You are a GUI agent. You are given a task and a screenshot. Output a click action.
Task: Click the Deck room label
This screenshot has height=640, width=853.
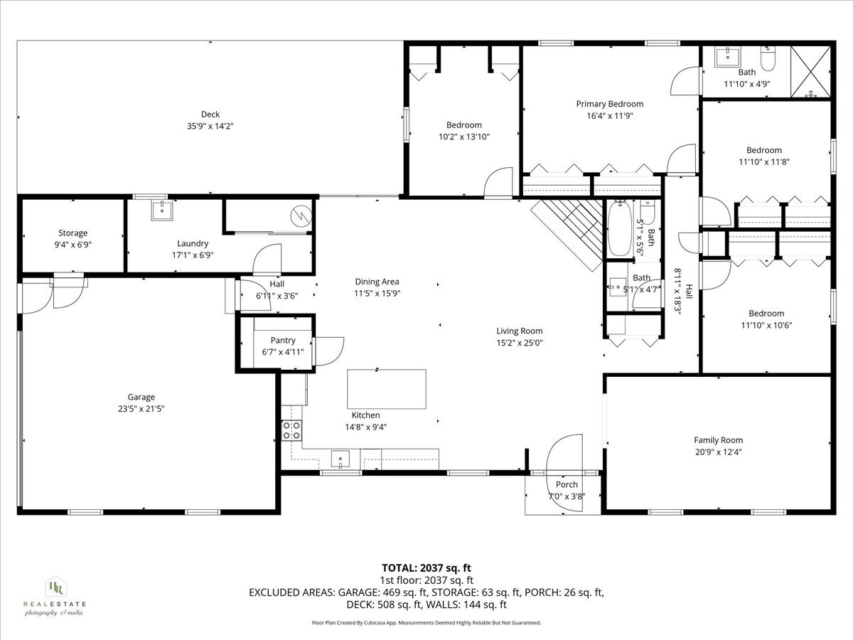[210, 114]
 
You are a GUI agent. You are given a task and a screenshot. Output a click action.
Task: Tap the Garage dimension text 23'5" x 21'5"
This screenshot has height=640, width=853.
[141, 409]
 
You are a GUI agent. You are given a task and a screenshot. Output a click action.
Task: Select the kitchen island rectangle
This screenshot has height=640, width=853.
[386, 389]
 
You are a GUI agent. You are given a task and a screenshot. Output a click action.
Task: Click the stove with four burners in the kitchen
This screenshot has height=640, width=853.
[291, 430]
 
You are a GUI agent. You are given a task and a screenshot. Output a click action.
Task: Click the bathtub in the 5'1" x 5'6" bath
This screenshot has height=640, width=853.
[619, 229]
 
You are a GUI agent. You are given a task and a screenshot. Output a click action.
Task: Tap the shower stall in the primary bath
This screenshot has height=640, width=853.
[812, 71]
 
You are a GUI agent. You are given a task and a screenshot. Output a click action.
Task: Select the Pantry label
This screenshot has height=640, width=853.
[282, 341]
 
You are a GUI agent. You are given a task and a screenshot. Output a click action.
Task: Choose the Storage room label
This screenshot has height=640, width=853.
[73, 233]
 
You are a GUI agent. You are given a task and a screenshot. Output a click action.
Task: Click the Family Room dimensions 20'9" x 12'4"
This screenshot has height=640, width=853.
[718, 452]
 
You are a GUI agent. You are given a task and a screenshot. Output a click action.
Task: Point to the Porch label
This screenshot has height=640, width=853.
[567, 485]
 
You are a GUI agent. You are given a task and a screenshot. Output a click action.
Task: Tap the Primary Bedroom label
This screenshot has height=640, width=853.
[609, 104]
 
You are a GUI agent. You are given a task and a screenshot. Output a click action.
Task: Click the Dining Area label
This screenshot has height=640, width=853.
[377, 282]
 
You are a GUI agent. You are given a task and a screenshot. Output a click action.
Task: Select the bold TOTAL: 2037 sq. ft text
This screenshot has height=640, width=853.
[426, 567]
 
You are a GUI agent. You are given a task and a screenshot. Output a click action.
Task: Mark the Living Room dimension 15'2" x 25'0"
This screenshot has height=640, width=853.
[519, 343]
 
